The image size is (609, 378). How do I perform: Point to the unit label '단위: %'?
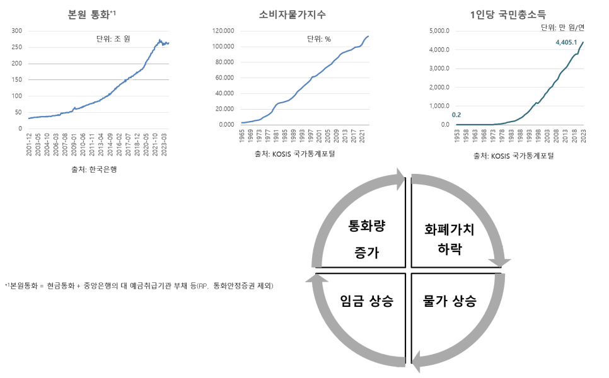coord(318,38)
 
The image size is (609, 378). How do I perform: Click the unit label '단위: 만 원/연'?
coord(564,27)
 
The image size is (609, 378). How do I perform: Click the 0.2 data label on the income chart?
coord(457,115)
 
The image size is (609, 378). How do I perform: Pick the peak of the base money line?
coord(159,40)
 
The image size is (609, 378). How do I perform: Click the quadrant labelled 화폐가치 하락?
coord(449,239)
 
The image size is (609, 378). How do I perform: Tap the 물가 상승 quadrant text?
coord(449,301)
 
